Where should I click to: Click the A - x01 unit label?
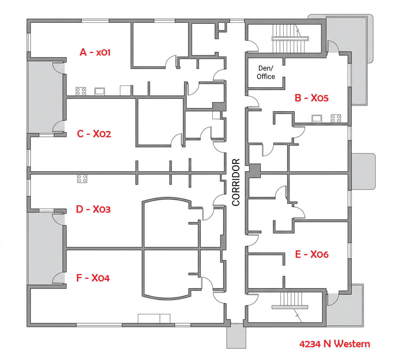point(95,52)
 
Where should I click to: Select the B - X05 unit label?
point(311,98)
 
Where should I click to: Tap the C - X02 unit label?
point(94,134)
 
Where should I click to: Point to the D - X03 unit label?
point(93,209)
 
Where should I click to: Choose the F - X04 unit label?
point(93,278)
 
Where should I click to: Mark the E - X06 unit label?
point(312,254)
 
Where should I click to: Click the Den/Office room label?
point(266,72)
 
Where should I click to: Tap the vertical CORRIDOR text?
point(236,182)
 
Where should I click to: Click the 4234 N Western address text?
point(334,344)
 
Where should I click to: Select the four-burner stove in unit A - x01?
point(81,91)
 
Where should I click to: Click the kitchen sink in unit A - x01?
point(100,91)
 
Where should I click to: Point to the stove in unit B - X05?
point(336,118)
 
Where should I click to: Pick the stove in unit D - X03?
point(82,178)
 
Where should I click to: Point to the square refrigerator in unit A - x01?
point(125,91)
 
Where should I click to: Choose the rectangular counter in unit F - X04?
point(154,318)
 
